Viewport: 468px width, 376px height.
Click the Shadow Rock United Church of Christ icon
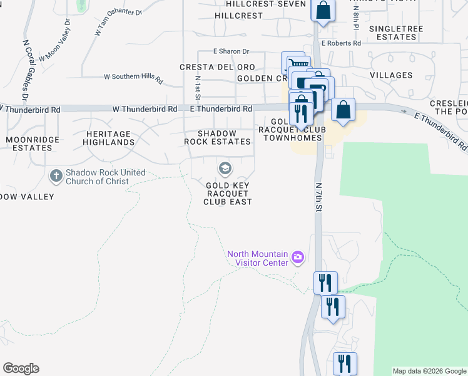pyautogui.click(x=56, y=176)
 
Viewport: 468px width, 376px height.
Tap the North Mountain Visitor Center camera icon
pyautogui.click(x=298, y=257)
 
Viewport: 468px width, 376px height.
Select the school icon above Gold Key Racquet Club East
pyautogui.click(x=225, y=168)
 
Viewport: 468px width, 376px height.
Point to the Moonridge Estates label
pyautogui.click(x=29, y=144)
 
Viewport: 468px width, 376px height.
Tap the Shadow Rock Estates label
pyautogui.click(x=218, y=138)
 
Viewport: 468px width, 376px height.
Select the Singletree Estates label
pyautogui.click(x=396, y=33)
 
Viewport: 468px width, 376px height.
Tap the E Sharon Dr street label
pyautogui.click(x=231, y=51)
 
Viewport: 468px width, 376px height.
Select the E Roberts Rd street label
pyautogui.click(x=341, y=43)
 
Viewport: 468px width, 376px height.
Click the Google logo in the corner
pyautogui.click(x=21, y=368)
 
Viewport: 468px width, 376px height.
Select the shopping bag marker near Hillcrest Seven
pyautogui.click(x=323, y=11)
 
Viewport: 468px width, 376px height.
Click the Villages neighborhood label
pyautogui.click(x=390, y=75)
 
